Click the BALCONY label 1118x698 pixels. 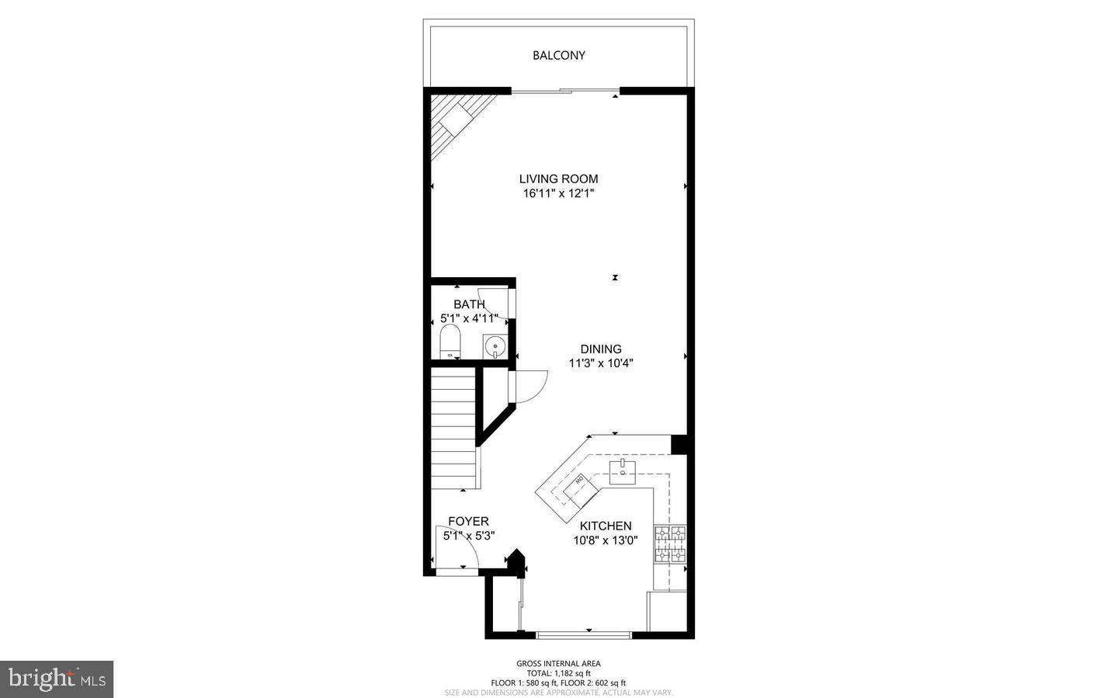point(558,55)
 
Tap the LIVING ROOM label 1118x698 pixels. point(558,179)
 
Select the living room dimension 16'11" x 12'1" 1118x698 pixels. point(558,193)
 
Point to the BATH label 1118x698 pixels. point(469,304)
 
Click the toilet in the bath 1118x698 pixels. point(450,342)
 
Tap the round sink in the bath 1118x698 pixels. point(493,345)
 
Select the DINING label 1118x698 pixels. point(601,349)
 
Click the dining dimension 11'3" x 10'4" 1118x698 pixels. point(601,363)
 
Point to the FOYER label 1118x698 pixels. point(468,521)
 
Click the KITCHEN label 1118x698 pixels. point(606,526)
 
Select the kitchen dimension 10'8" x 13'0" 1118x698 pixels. point(606,540)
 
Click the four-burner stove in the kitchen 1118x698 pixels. point(670,543)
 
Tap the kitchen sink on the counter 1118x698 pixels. point(623,469)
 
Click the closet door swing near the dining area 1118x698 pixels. point(530,386)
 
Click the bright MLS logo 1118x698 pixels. point(57,679)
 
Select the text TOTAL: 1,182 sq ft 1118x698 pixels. point(558,673)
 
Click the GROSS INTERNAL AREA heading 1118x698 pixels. point(558,663)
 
